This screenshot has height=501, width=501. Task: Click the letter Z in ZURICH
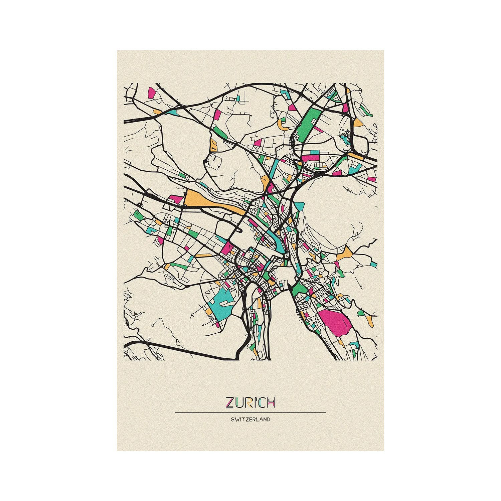point(230,402)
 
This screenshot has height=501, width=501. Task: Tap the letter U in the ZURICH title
point(239,402)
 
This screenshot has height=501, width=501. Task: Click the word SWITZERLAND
point(250,420)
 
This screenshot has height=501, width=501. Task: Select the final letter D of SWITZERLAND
point(268,420)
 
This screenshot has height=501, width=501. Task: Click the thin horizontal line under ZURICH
point(250,412)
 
